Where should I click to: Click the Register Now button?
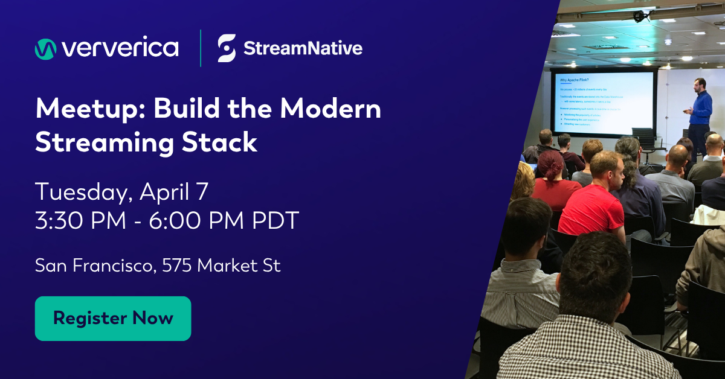point(113,318)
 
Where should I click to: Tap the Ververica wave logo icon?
point(45,49)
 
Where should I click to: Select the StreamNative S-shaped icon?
point(227,48)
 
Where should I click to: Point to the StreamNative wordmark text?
point(303,48)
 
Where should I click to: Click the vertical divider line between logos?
point(201,48)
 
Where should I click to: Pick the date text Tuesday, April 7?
point(121,192)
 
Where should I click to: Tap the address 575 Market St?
point(221,266)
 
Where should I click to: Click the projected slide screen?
point(602,103)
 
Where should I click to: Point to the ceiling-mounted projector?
point(639,15)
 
